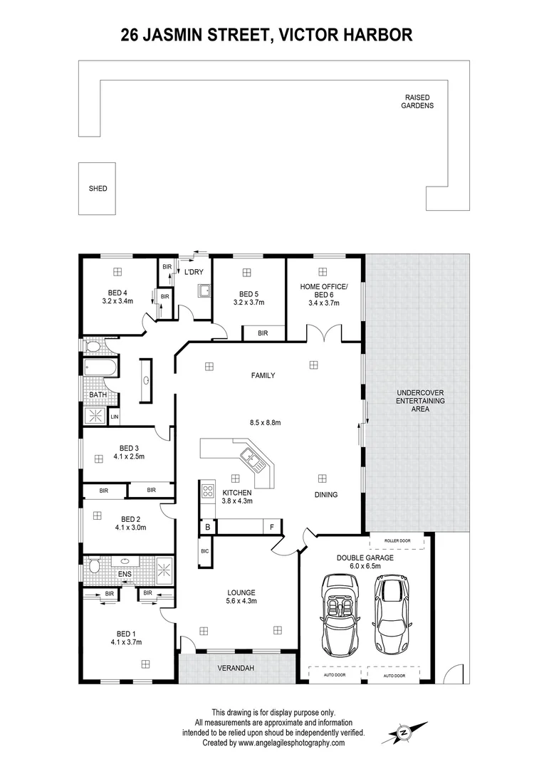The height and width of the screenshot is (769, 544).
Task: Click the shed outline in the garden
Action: (x=98, y=189)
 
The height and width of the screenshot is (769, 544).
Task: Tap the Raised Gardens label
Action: (x=417, y=101)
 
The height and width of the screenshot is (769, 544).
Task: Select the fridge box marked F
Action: (x=272, y=527)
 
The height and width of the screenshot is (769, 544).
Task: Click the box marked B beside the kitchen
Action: (x=207, y=527)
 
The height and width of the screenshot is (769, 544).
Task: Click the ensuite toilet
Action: (x=93, y=567)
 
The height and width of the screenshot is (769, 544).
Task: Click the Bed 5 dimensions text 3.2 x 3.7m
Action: (x=248, y=303)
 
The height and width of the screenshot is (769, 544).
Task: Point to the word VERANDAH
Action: (x=236, y=668)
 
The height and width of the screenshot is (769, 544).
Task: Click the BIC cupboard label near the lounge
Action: (x=204, y=551)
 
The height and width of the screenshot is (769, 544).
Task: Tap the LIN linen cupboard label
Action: (x=114, y=417)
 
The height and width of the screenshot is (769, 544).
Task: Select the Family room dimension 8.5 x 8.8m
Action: (x=266, y=422)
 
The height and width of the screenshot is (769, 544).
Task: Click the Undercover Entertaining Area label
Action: (x=419, y=401)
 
